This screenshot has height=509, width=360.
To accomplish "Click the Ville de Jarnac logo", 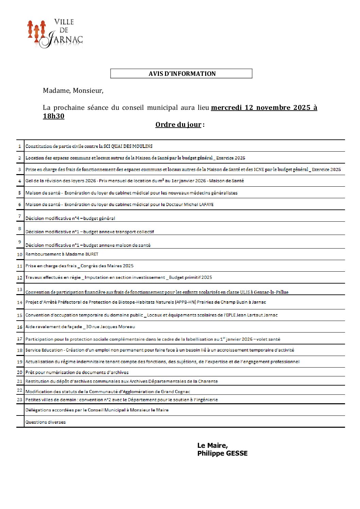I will (55, 33).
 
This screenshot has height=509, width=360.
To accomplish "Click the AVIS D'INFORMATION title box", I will (181, 73).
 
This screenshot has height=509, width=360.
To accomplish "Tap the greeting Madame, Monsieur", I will (73, 90).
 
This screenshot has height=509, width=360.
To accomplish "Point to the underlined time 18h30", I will (54, 116).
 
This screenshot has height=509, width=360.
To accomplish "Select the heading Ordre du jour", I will (178, 124).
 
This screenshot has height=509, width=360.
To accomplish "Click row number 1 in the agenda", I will (20, 146).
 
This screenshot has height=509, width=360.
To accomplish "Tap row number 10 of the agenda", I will (20, 254).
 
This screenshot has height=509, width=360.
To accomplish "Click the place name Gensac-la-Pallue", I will (271, 292).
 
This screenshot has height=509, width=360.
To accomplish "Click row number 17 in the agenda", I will (20, 339).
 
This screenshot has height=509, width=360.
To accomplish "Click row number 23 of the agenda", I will (20, 400).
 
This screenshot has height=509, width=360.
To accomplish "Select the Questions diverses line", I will (46, 422).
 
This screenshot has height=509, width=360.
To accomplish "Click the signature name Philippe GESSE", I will (223, 453).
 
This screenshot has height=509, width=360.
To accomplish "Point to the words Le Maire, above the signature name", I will (213, 445).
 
